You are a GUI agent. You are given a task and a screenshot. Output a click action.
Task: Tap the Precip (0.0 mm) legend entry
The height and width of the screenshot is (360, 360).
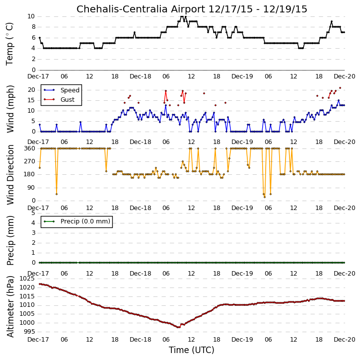pos(77,221)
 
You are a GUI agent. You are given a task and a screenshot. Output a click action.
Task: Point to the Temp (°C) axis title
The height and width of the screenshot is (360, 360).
pos(9,44)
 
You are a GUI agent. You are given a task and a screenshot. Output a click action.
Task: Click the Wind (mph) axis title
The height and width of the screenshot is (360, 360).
pos(10,109)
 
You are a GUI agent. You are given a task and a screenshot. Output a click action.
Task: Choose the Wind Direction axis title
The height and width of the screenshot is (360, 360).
pos(10,175)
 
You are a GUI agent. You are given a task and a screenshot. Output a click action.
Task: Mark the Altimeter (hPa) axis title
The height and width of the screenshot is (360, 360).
pos(10,306)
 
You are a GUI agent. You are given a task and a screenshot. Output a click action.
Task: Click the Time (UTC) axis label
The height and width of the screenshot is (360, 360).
pos(192,350)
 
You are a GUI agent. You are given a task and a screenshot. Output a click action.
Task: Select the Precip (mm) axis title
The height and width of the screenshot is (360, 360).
pos(10,240)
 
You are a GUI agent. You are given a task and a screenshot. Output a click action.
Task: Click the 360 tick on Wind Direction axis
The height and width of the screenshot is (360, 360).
pos(29,148)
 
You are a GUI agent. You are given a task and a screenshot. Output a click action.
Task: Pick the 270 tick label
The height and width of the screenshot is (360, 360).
pos(29,161)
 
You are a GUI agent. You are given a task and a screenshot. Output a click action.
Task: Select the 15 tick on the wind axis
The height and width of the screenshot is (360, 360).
pos(31,100)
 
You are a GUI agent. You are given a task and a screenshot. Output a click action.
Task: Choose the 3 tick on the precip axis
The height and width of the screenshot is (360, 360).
pos(34,233)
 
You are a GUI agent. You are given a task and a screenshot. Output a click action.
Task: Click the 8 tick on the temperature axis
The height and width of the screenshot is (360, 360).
pos(34,27)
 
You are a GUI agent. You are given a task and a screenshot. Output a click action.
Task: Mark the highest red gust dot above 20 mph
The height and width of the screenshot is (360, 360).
pos(340,88)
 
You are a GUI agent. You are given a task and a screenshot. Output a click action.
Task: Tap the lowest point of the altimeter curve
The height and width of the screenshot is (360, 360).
pos(179,327)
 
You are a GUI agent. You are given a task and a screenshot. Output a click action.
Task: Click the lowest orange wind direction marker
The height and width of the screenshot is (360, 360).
pos(265,197)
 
